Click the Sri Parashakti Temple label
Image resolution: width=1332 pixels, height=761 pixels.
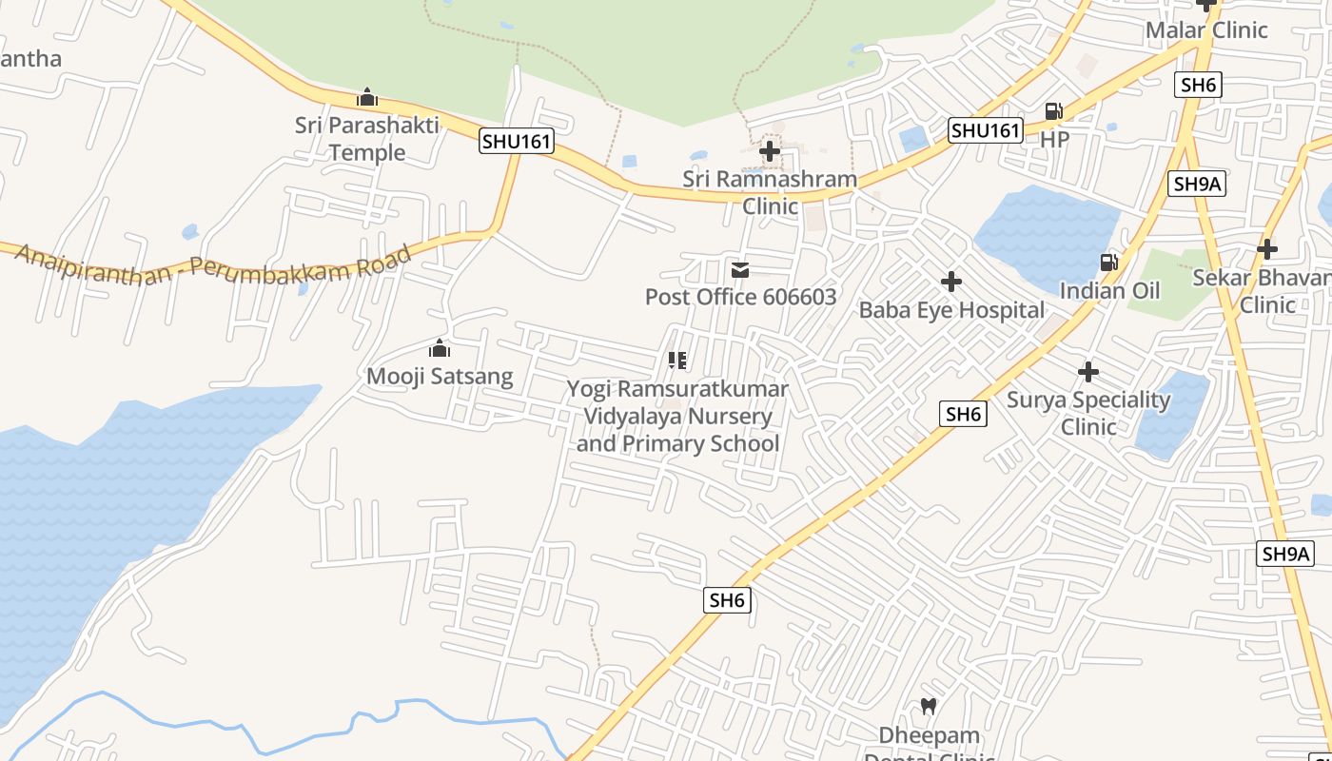(366, 139)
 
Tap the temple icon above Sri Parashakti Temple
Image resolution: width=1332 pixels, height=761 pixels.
(367, 97)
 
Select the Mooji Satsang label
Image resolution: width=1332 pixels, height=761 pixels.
(440, 377)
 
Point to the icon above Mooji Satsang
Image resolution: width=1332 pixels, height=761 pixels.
(440, 348)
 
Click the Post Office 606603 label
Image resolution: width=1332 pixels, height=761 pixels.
(740, 297)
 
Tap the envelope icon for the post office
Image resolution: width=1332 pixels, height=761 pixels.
(740, 270)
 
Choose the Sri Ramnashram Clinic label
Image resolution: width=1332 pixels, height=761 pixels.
(770, 192)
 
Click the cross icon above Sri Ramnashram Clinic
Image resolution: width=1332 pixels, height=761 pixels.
(770, 150)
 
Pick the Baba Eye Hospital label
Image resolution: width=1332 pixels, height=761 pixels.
(951, 310)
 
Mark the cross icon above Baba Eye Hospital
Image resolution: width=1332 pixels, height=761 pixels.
(951, 282)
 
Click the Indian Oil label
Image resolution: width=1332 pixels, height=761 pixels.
(1109, 291)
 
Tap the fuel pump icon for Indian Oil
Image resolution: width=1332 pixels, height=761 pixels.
(1109, 263)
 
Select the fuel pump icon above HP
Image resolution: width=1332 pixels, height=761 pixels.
(1054, 111)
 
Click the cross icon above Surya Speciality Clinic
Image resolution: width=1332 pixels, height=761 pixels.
(1088, 372)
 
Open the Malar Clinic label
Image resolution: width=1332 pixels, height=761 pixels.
(1206, 30)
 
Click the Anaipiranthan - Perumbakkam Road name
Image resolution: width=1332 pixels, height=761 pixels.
(214, 263)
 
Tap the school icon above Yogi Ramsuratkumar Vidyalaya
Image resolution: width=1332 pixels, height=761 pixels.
(677, 361)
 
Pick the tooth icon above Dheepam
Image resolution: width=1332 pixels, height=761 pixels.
(929, 707)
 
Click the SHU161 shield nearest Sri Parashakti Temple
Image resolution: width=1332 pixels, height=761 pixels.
(517, 142)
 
